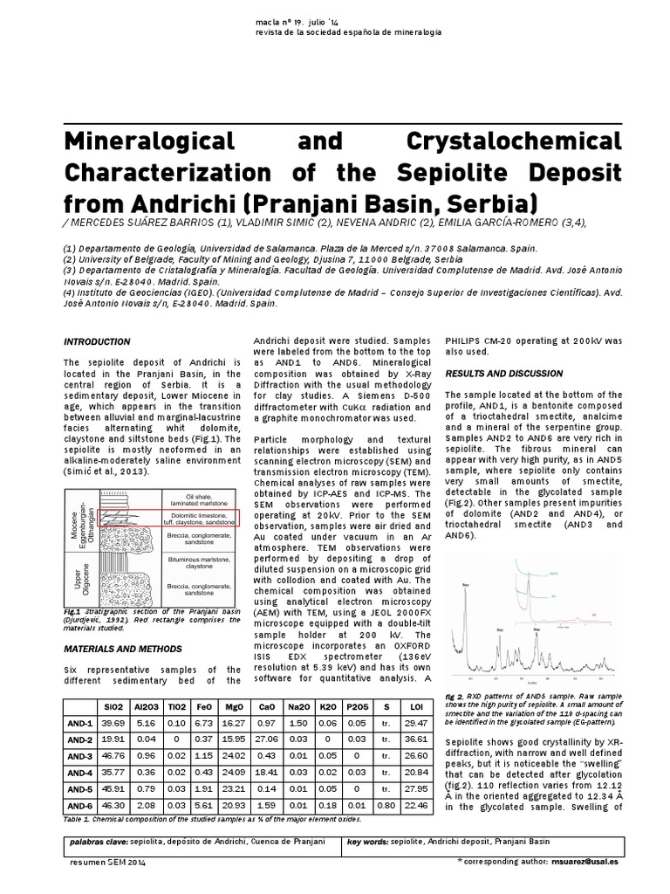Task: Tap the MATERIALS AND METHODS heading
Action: pos(123,649)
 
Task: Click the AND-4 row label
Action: pos(79,772)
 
